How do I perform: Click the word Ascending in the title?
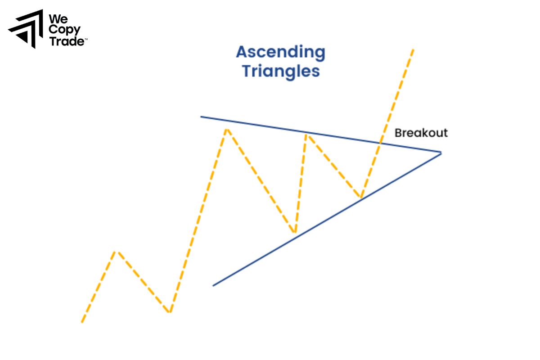tap(280, 53)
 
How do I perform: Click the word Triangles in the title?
tap(281, 71)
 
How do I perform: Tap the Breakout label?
tap(421, 133)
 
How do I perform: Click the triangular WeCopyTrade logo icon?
tap(26, 28)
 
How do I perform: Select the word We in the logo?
tap(58, 19)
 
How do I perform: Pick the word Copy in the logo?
tap(65, 31)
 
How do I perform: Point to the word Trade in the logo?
tap(66, 41)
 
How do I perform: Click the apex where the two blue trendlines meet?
tap(441, 153)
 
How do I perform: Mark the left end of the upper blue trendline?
tap(201, 117)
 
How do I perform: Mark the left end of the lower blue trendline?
tap(213, 285)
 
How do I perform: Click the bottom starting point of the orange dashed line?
tap(82, 322)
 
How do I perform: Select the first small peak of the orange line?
tap(117, 251)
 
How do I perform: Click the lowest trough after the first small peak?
tap(169, 312)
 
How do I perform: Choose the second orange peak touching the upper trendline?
tap(306, 133)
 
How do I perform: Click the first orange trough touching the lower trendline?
tap(294, 233)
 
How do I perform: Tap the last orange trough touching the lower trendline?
tap(360, 198)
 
